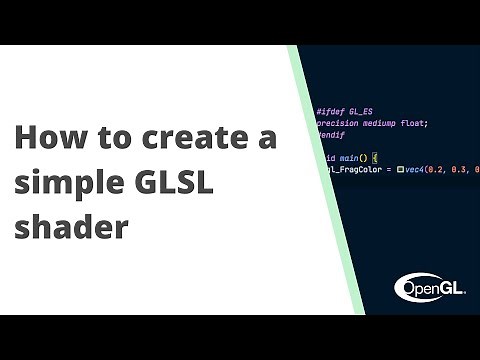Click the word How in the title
click(48, 138)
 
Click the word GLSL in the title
click(185, 183)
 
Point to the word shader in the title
click(71, 228)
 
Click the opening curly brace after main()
click(374, 158)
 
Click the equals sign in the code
click(387, 170)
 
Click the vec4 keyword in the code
click(415, 170)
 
